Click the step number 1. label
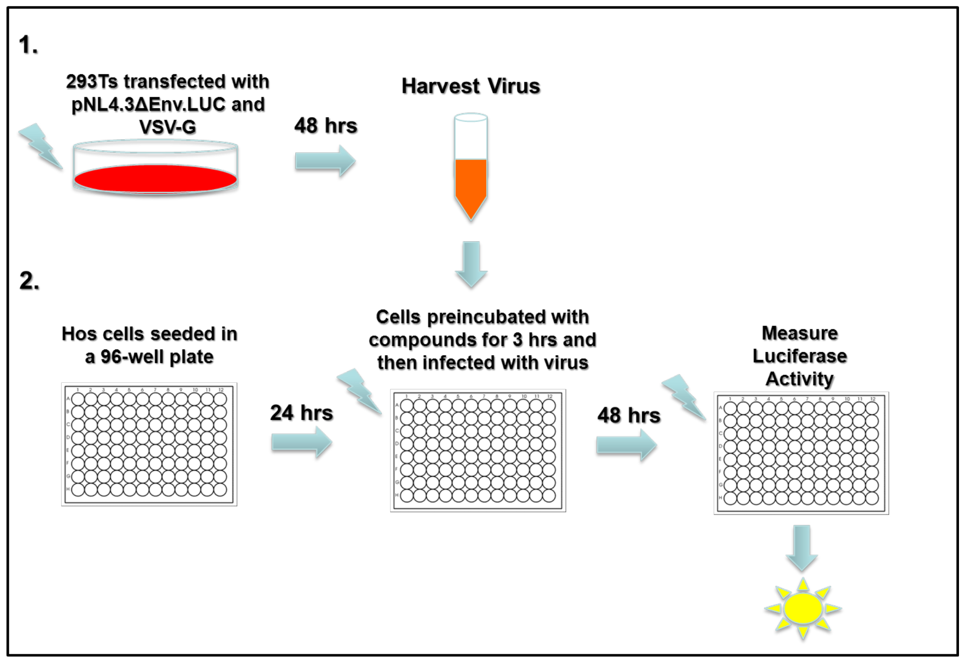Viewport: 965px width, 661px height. click(28, 45)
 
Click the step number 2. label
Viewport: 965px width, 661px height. click(29, 281)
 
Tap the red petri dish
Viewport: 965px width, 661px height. click(156, 178)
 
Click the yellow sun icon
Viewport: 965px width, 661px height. click(803, 608)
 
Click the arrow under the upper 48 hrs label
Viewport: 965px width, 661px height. click(325, 161)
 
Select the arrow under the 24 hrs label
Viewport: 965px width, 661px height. click(302, 442)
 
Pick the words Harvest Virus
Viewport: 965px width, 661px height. click(471, 86)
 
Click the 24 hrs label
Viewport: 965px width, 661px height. click(302, 413)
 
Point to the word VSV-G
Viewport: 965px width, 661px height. click(168, 127)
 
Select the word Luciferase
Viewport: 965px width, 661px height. click(800, 356)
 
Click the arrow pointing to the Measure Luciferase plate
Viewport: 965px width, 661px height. click(627, 445)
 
